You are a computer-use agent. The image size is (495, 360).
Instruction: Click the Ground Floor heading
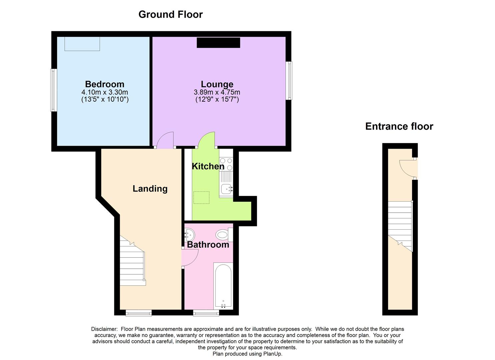pos(170,15)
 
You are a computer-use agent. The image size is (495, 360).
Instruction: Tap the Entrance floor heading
pos(399,126)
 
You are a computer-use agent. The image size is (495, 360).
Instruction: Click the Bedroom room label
pos(104,84)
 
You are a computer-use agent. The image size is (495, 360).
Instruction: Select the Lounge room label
pos(217,84)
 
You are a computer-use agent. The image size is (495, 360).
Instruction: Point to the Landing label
pos(150,189)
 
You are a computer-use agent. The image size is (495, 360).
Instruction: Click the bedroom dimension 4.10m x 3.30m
pos(105,92)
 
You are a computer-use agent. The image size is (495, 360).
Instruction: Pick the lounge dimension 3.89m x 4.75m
pos(217,92)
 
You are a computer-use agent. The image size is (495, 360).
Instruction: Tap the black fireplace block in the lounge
pos(218,43)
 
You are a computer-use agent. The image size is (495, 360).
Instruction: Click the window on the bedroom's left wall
pos(53,90)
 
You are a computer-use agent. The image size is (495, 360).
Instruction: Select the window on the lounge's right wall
pos(290,80)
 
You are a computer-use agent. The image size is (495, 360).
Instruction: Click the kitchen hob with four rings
pos(226,164)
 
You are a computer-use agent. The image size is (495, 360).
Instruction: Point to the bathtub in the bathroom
pos(223,286)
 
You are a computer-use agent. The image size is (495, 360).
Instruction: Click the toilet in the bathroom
pos(224,235)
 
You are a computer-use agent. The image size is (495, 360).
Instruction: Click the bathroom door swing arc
pos(191,257)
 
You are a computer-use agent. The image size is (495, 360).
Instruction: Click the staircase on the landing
pos(132,263)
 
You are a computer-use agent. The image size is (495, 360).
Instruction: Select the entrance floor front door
pos(407,168)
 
